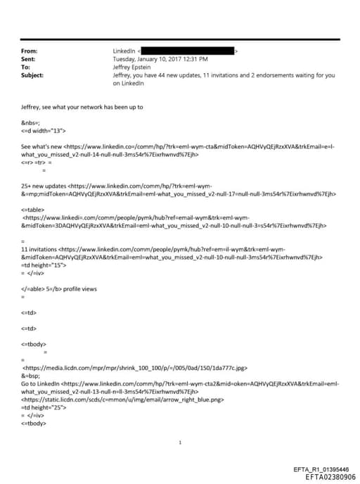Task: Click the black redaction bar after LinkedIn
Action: coord(188,51)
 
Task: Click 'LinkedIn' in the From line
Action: coord(125,51)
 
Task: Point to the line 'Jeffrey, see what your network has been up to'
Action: coord(82,107)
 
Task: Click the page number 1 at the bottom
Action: coord(180,442)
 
